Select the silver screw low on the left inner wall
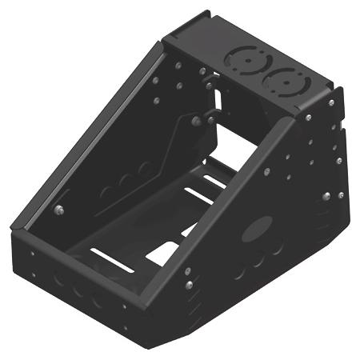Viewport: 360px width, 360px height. pos(58,210)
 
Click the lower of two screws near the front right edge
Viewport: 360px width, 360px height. pos(189,285)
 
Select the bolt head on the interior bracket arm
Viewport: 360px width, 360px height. pos(194,121)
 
